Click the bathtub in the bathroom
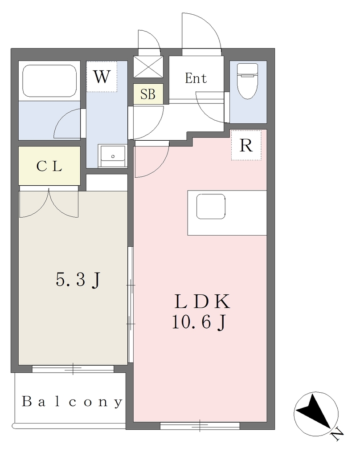point(49,81)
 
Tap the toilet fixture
point(248,81)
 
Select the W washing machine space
point(102,77)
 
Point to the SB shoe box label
point(148,94)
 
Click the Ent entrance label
point(196,78)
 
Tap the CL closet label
point(49,166)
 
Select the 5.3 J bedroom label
point(78,280)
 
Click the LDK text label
point(202,301)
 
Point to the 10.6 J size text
point(199,322)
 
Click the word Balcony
point(72,402)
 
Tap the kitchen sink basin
point(211,207)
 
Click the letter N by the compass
point(337,436)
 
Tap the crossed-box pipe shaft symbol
point(148,67)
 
